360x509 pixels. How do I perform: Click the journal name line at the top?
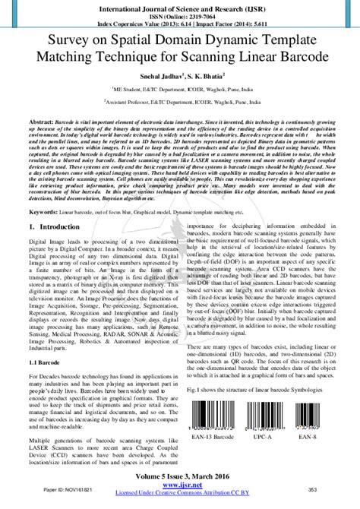coord(180,6)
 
